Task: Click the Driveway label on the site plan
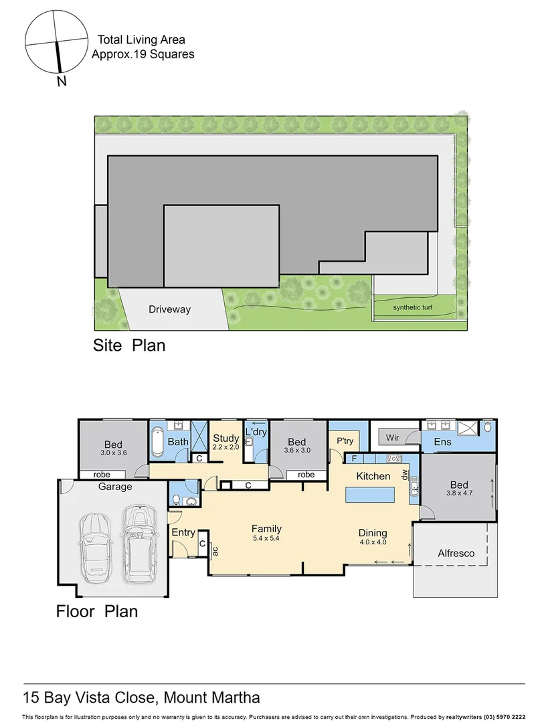click(x=169, y=309)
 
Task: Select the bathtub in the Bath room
click(x=157, y=442)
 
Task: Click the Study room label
click(x=226, y=438)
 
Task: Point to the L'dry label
click(x=256, y=432)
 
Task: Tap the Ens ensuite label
click(x=442, y=442)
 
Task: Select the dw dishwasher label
click(x=405, y=474)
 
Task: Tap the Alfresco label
click(x=456, y=553)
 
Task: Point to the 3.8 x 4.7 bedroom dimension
click(x=459, y=493)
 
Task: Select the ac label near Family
click(x=216, y=550)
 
